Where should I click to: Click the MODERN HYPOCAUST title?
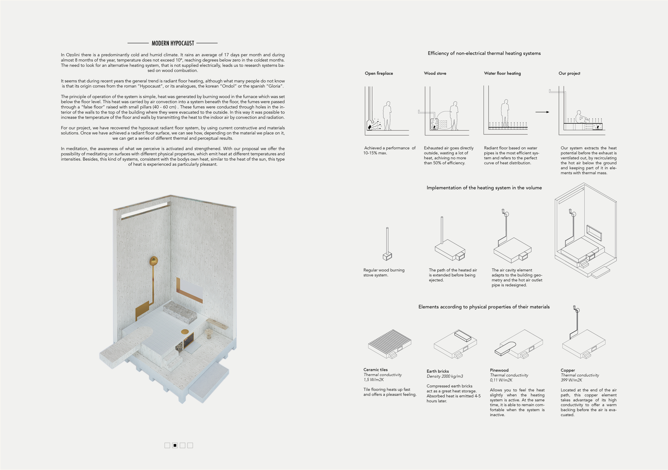173,43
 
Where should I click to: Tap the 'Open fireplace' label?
379,73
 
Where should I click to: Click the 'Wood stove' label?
435,73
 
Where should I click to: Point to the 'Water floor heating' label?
502,73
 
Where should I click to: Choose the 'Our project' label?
569,73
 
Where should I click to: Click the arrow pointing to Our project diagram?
542,112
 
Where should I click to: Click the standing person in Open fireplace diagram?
387,116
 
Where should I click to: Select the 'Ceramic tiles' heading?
375,370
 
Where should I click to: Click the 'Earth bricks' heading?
438,371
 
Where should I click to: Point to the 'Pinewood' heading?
499,370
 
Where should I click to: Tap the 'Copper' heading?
568,370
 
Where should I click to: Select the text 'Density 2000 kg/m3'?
445,376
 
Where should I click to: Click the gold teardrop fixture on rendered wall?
154,261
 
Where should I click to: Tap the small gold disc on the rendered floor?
185,332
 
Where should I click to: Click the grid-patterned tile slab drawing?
389,343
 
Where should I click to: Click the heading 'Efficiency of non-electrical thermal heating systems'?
484,53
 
